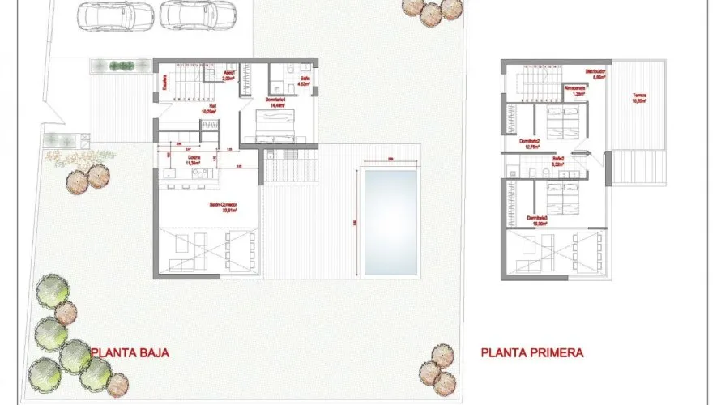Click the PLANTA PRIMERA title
(531, 353)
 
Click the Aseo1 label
(229, 75)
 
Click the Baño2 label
(558, 160)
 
